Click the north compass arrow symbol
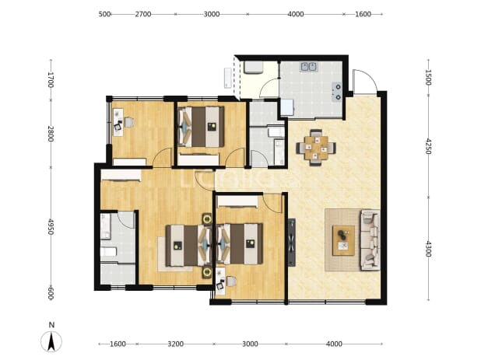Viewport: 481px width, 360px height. [x=51, y=341]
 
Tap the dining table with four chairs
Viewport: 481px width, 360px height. [x=316, y=148]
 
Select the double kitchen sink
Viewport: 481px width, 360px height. [x=309, y=67]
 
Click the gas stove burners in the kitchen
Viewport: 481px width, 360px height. [x=337, y=92]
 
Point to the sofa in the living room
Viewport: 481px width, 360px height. [x=370, y=239]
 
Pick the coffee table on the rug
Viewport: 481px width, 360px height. [x=343, y=240]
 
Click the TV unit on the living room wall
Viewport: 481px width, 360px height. [x=292, y=242]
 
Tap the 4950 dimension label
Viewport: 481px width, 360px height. [x=51, y=227]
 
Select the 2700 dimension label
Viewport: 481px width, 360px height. [x=143, y=14]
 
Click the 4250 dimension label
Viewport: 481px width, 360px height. [x=428, y=146]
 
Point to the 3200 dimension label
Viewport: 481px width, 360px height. [x=175, y=344]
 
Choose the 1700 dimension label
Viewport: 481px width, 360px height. [x=51, y=79]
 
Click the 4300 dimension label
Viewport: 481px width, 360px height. [x=428, y=249]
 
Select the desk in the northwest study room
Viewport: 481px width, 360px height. [x=118, y=122]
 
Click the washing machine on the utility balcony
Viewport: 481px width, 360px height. [x=253, y=68]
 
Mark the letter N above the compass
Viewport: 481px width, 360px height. [x=51, y=325]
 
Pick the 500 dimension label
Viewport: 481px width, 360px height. [x=104, y=14]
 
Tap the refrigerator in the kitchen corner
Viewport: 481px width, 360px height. [x=287, y=107]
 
